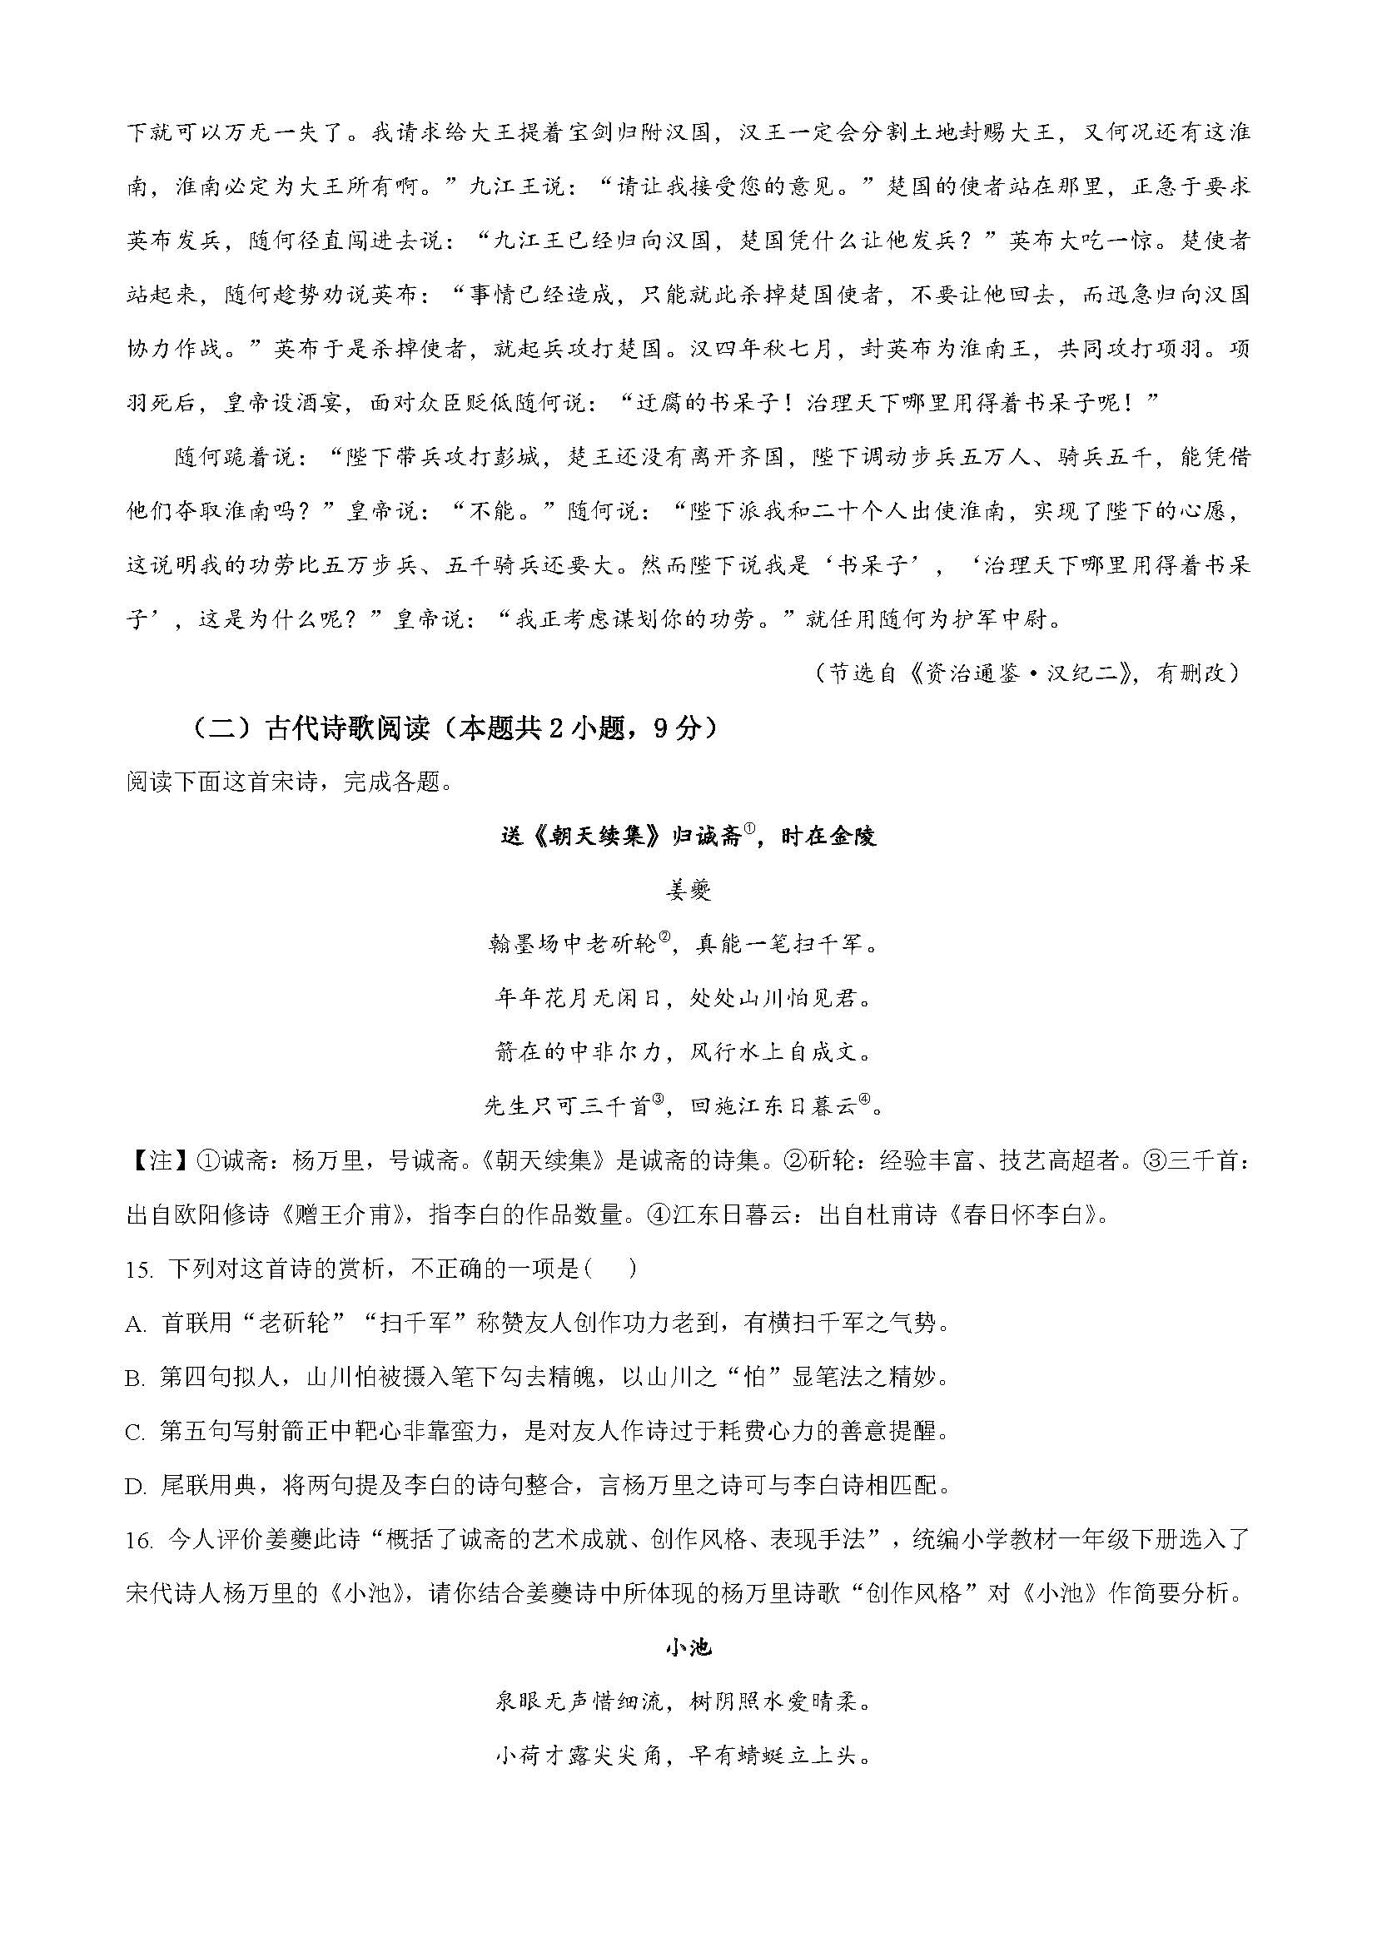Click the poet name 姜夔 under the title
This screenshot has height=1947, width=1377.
tap(688, 890)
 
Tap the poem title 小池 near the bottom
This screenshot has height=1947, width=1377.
tap(688, 1647)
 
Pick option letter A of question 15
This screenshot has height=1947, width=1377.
tap(136, 1324)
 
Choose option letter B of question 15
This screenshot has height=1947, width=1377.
tap(136, 1378)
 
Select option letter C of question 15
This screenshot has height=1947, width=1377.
tap(136, 1433)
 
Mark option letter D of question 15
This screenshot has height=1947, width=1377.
tap(136, 1486)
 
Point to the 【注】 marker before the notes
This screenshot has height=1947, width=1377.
tap(149, 1161)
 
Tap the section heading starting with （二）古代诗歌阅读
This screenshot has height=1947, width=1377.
tap(450, 728)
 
